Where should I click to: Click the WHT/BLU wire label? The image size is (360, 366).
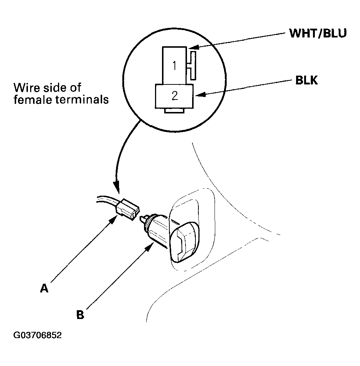318,33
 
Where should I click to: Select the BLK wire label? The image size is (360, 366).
306,80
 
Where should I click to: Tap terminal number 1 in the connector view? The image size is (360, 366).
174,66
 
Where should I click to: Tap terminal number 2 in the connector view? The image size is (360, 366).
174,96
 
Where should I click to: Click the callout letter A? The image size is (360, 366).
44,288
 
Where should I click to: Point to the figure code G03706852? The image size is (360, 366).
37,335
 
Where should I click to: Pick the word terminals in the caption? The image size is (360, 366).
82,100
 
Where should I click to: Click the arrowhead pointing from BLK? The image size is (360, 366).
200,95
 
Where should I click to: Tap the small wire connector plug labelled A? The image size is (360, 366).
127,209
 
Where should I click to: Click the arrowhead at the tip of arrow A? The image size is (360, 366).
113,220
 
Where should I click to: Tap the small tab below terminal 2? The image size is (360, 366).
174,111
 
